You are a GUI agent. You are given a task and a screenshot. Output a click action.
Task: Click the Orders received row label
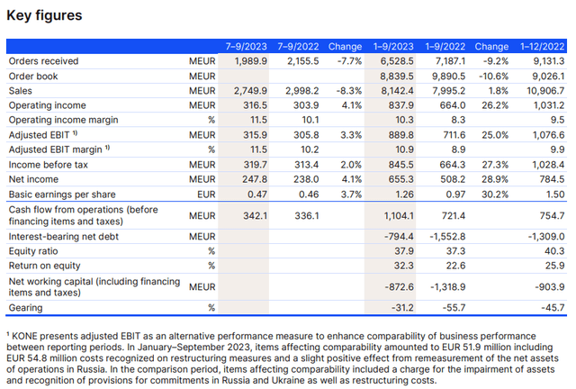[x=43, y=61]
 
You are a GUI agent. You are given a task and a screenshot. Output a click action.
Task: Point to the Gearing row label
[x=28, y=307]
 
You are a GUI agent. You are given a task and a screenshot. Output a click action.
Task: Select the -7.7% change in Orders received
[x=346, y=61]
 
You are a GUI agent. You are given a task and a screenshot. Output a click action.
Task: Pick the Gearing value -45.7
[x=552, y=307]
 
